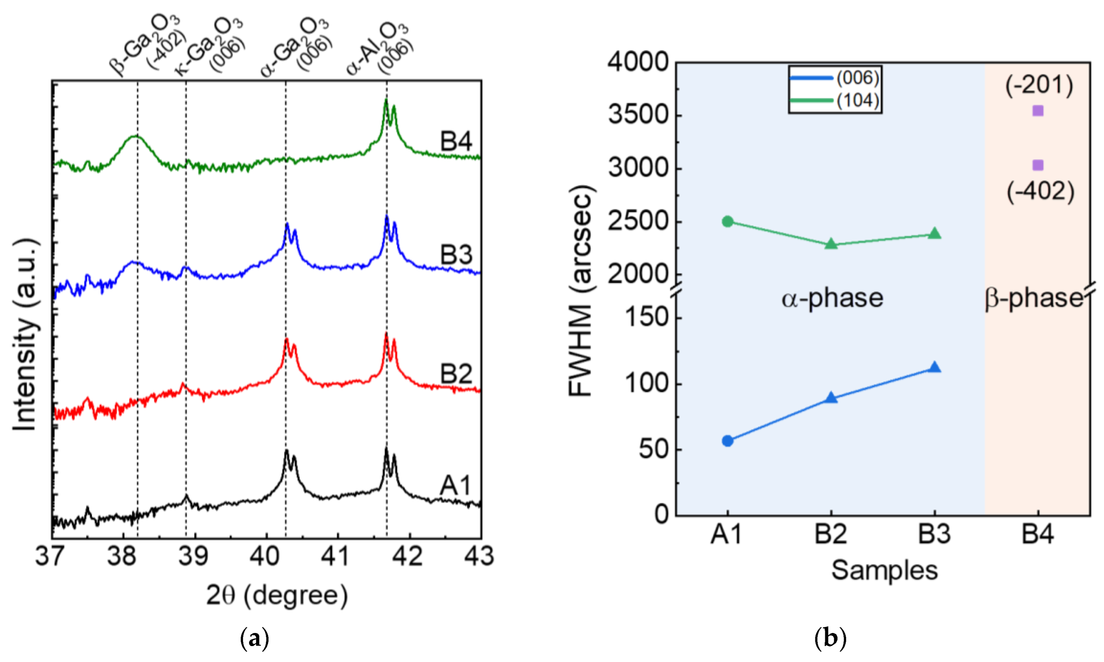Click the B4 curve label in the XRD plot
pos(456,141)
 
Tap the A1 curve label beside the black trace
pos(455,486)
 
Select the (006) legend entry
pos(834,78)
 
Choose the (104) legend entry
pos(834,100)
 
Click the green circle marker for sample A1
pos(727,221)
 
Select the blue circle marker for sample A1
pos(727,441)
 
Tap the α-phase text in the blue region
pos(832,298)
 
